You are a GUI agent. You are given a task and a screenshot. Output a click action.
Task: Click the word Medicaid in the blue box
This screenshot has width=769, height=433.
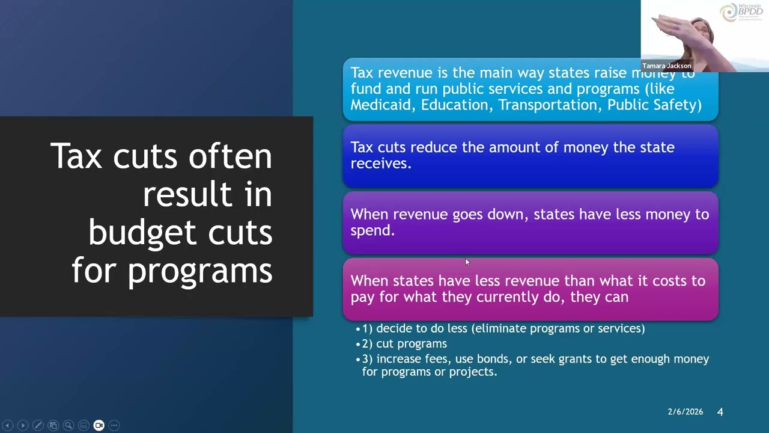coord(383,105)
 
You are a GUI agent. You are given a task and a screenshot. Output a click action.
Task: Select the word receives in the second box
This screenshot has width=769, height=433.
coord(380,164)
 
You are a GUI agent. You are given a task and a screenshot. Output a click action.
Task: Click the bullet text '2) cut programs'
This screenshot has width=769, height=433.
coord(404,343)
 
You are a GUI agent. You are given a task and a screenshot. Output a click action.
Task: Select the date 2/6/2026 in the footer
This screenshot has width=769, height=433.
coord(685,412)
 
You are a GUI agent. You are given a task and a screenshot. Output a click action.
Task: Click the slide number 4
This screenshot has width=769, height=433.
coord(720,412)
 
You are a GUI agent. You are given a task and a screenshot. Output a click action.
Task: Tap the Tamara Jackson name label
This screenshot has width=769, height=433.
coord(666,66)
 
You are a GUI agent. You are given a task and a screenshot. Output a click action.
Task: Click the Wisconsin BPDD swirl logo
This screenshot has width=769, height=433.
coord(729,13)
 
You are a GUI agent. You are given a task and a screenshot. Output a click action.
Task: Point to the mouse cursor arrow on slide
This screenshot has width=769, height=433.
coord(467,262)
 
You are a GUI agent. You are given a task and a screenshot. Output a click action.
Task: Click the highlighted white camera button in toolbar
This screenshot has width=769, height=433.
coord(99,425)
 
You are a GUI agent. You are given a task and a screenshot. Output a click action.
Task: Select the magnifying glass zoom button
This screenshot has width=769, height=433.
coord(68,425)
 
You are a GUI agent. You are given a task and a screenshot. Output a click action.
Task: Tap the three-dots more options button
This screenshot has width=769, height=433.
coord(114,425)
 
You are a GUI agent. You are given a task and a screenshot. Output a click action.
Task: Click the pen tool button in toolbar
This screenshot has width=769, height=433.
coord(37,425)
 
